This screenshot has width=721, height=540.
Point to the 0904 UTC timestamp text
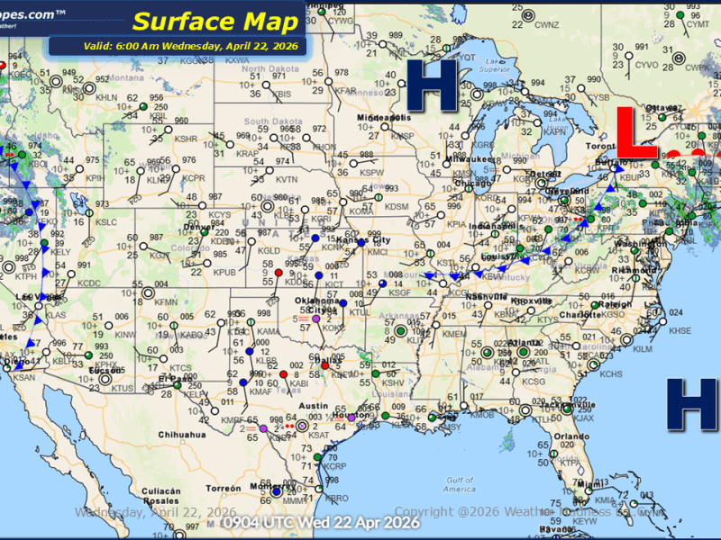(322, 521)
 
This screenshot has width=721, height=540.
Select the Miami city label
(591, 485)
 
